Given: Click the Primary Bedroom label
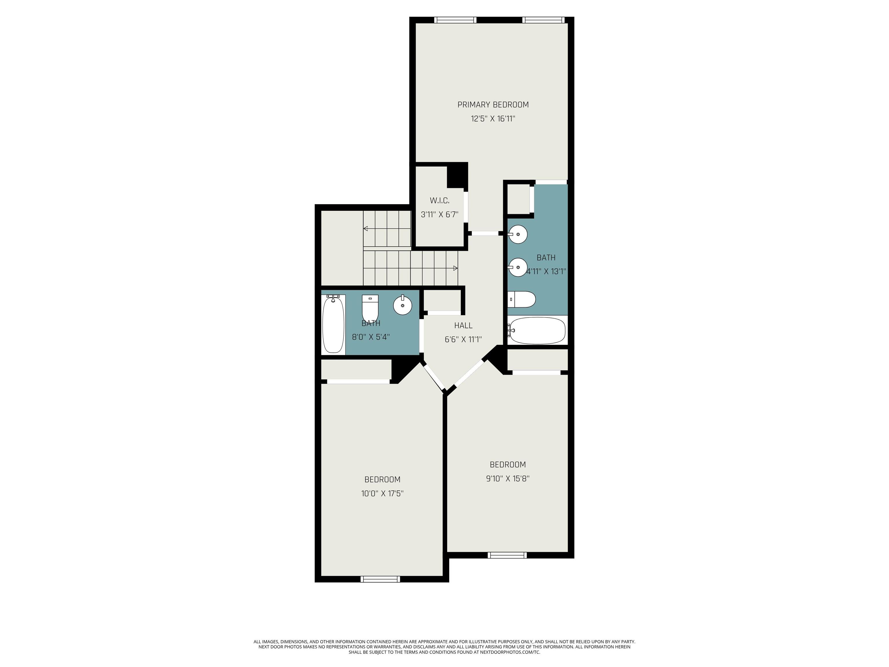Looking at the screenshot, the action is point(493,105).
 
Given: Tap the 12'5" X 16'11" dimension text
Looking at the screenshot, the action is point(493,119).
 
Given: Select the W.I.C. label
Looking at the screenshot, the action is point(440,200).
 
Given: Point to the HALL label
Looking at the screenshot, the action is point(463,325).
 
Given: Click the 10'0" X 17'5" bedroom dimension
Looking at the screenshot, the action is point(382,493).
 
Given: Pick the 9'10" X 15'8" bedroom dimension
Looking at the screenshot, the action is point(508,479).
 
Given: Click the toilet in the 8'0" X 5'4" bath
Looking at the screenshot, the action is point(370,307).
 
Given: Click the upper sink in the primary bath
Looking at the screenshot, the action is point(518,234).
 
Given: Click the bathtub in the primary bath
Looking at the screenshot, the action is point(537,331).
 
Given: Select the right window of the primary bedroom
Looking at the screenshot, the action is point(543,20).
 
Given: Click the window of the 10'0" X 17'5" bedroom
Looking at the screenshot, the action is point(380,579).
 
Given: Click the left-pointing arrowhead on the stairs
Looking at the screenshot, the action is point(365,229).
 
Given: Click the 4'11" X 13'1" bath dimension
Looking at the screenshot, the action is point(546,271).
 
